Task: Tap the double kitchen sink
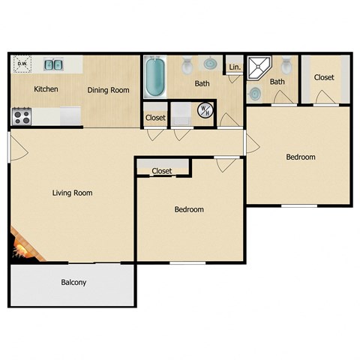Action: pos(52,65)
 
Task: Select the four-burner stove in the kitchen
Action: pos(21,116)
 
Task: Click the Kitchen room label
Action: pos(46,89)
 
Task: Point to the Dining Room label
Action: pos(108,90)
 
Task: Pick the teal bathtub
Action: pos(154,79)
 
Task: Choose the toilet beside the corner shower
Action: pos(288,64)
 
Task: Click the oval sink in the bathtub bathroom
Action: pos(210,65)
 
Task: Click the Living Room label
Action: pos(72,193)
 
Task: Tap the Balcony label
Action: pos(73,283)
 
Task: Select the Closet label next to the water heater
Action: pos(155,118)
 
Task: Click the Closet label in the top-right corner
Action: pos(324,77)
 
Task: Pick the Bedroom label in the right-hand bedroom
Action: pos(300,157)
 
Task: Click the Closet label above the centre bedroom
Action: pos(162,171)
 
